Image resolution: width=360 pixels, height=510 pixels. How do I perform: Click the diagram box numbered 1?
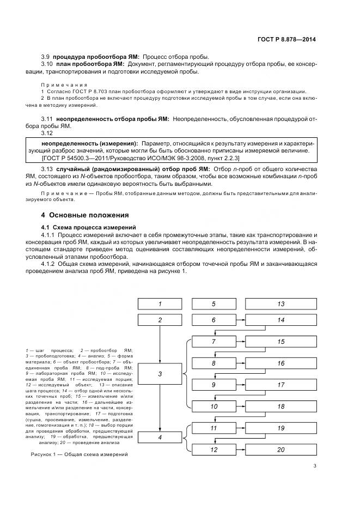(160, 304)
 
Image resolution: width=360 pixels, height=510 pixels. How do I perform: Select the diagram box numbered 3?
(160, 374)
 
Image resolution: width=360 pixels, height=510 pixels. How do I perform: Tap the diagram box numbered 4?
(160, 437)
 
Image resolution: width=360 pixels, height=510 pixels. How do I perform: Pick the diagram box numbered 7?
(213, 342)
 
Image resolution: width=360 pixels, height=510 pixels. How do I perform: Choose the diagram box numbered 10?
(213, 406)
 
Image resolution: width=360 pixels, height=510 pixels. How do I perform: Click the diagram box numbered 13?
(280, 304)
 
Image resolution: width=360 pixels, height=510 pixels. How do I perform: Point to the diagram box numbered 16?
(280, 363)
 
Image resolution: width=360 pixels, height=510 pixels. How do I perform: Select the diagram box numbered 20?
(280, 450)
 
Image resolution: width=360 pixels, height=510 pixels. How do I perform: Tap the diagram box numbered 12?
(213, 450)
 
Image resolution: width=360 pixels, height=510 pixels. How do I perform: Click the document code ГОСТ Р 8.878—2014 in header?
(286, 40)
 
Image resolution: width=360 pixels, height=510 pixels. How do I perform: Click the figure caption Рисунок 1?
(76, 455)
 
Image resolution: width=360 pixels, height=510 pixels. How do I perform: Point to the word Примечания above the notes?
(64, 85)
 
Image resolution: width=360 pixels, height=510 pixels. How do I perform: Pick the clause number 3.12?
(47, 133)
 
